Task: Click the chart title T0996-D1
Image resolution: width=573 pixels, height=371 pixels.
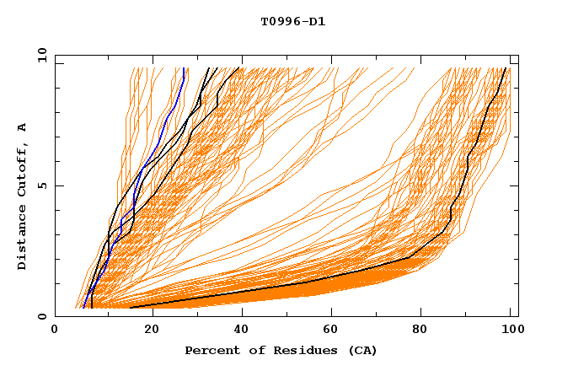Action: pos(292,22)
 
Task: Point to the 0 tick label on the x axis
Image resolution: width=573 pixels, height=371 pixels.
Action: pos(55,331)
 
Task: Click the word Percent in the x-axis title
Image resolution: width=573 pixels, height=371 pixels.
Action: pos(211,351)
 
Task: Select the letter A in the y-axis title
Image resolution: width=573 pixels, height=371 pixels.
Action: pos(23,126)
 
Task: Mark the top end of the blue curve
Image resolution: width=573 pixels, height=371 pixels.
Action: pos(184,68)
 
